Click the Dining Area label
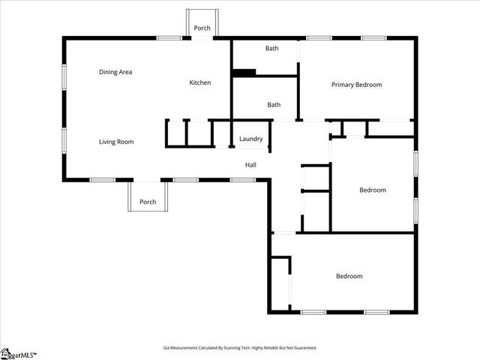(x=115, y=72)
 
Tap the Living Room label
(x=116, y=141)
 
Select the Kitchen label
(x=199, y=82)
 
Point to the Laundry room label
(x=250, y=139)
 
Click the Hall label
(x=250, y=165)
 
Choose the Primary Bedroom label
(x=356, y=85)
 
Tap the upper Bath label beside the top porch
(x=271, y=49)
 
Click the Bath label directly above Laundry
(x=274, y=105)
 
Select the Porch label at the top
(x=202, y=28)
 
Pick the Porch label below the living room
(x=148, y=202)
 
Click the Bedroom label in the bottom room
(x=349, y=276)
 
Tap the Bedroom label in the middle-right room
(x=373, y=190)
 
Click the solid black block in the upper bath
(x=244, y=72)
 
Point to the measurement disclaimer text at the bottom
(x=240, y=347)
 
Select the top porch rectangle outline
(x=202, y=22)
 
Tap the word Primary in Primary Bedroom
(x=344, y=85)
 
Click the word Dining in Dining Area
(x=108, y=72)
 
